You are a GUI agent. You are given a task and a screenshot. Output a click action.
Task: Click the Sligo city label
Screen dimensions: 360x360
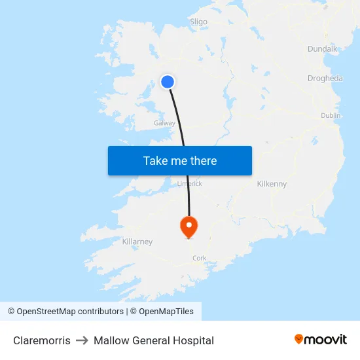[x=198, y=22]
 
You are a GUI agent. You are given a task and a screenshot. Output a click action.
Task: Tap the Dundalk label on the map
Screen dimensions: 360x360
[x=322, y=48]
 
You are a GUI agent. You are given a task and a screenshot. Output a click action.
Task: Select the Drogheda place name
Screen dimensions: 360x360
[x=325, y=79]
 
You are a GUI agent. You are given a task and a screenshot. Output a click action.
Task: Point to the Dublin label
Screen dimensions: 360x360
[x=331, y=115]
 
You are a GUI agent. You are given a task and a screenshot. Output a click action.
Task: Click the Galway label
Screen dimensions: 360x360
[x=164, y=123]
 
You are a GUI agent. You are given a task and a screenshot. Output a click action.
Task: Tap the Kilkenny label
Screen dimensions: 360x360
[x=272, y=184]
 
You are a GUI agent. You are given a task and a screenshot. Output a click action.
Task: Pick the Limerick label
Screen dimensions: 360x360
[x=190, y=184]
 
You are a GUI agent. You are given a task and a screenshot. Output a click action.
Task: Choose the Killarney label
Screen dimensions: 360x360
[x=137, y=242]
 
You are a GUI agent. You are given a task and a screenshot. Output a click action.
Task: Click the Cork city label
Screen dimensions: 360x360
[x=200, y=258]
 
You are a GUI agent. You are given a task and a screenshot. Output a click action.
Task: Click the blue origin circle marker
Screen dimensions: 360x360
[x=168, y=82]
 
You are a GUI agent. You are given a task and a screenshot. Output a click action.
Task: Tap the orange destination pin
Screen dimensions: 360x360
[x=189, y=226]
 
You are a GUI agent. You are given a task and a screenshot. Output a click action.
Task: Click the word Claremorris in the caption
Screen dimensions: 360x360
[x=42, y=340]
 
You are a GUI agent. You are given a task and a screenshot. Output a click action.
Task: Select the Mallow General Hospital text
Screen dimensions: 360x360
[x=154, y=340]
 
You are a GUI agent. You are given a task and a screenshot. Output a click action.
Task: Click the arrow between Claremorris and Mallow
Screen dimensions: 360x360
[x=82, y=340]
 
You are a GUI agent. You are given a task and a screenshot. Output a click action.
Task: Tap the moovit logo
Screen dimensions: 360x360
[x=321, y=339]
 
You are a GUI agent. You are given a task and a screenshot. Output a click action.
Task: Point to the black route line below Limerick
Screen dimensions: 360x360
[x=189, y=203]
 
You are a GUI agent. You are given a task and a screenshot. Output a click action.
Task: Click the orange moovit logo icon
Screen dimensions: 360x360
[x=299, y=339]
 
